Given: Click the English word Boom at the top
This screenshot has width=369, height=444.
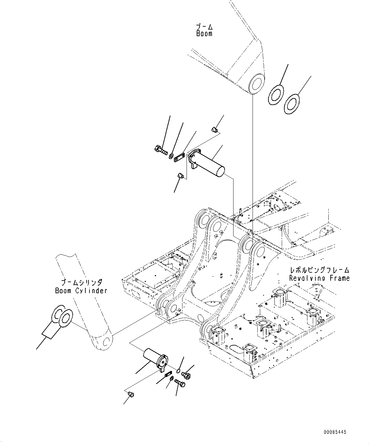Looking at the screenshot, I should (x=204, y=34).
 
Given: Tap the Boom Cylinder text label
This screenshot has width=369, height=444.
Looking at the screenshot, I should (x=81, y=290).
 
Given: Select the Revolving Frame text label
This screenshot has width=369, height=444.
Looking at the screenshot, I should (x=319, y=278).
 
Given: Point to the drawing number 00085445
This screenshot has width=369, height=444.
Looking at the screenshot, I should (x=335, y=432).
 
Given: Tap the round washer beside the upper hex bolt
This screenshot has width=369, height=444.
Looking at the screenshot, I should (x=171, y=156).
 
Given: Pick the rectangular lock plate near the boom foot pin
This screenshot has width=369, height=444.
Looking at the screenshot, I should (x=180, y=157).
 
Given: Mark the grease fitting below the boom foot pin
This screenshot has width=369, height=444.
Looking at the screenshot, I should (x=180, y=175).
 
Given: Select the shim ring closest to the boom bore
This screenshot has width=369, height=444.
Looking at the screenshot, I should (x=275, y=94).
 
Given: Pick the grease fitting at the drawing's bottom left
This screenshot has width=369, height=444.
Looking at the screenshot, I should (x=131, y=394).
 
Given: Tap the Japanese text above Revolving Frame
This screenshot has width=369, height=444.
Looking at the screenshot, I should (x=319, y=270).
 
